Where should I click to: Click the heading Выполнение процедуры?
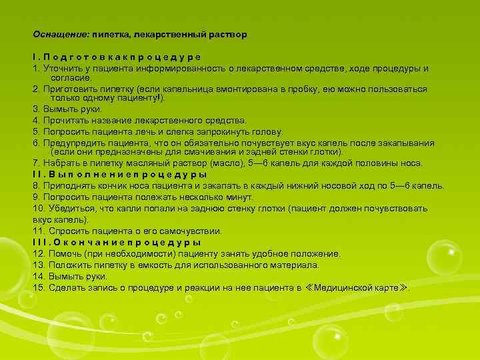click(119, 175)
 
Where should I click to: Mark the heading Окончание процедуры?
click(117, 242)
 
